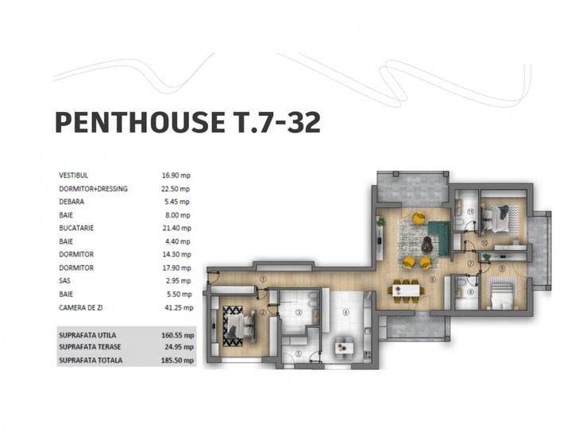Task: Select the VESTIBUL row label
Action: [73, 175]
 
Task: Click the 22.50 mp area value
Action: [176, 189]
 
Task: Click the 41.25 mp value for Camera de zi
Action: [176, 306]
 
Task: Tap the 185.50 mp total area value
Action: [176, 360]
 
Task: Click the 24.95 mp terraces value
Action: [176, 348]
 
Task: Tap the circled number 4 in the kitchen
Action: [345, 313]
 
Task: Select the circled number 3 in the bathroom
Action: [298, 313]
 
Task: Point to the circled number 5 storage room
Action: [298, 354]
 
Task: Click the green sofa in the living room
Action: [438, 237]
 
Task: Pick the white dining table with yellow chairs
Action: [407, 291]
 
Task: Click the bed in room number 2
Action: [237, 325]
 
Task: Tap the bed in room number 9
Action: [500, 299]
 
